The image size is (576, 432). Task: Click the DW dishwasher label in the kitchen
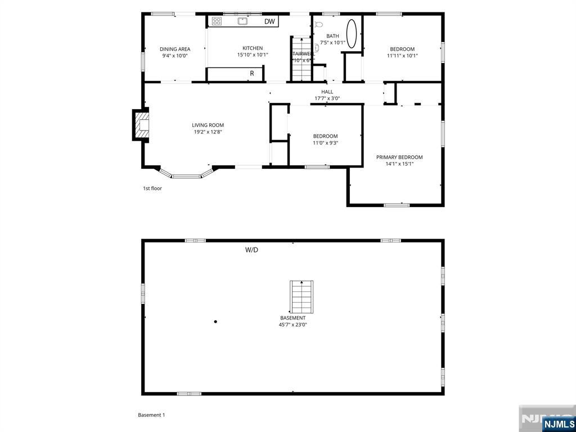270,22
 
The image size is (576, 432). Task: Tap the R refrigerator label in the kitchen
252,73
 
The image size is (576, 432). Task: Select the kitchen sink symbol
242,21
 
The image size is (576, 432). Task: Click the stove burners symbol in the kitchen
217,21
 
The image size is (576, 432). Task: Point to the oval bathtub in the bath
352,34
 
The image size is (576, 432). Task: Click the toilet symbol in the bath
319,25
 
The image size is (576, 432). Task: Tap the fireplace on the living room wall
141,125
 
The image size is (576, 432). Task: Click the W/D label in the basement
251,250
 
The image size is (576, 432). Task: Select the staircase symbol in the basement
301,297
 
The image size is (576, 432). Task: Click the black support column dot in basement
215,322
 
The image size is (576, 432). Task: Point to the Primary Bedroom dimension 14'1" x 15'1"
399,164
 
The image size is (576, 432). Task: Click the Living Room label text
208,125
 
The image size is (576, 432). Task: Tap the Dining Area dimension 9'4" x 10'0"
175,56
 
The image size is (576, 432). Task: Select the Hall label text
327,92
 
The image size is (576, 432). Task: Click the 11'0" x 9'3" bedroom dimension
325,143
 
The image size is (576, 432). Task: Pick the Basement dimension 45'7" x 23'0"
292,325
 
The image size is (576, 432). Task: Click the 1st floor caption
152,188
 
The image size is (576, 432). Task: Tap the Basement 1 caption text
151,415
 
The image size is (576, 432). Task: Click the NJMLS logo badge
558,424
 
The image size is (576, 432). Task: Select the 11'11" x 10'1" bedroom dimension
402,56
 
